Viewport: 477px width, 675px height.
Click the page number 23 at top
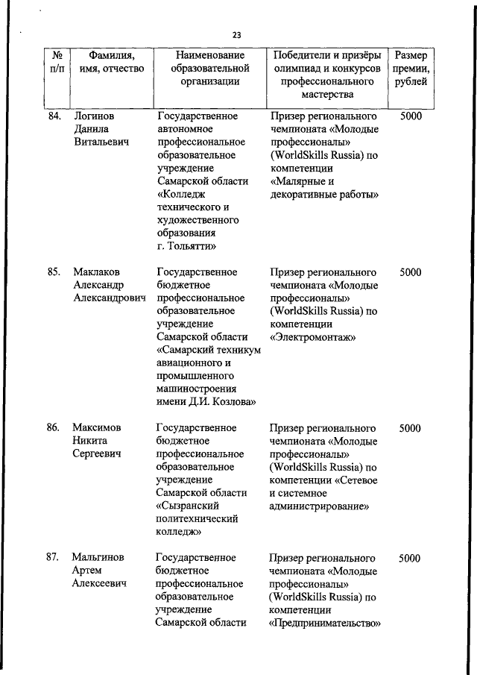[x=237, y=35]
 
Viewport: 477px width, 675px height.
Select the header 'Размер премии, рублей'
[x=411, y=69]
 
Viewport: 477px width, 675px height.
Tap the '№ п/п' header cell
[x=57, y=62]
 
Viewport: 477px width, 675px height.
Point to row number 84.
[x=53, y=116]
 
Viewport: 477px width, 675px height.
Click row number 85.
[x=53, y=272]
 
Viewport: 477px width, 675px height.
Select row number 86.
[x=53, y=428]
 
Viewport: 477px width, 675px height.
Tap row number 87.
[x=53, y=558]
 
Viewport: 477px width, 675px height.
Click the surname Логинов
[x=94, y=116]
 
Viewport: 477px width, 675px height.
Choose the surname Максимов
[x=97, y=428]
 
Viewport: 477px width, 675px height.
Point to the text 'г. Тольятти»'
[x=187, y=246]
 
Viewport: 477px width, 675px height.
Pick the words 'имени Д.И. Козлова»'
[x=207, y=402]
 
